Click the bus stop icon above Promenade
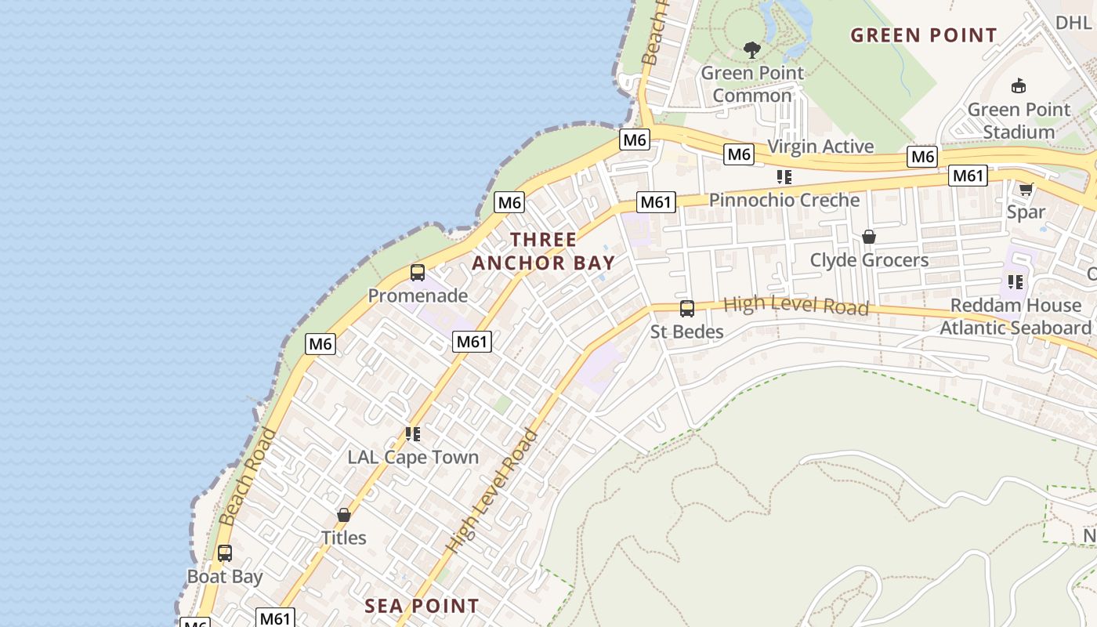(418, 273)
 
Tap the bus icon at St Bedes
(687, 309)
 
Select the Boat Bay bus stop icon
(225, 553)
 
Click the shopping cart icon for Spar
(1026, 189)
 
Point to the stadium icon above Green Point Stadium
(1019, 86)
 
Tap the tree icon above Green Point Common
(752, 51)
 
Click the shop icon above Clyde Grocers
(868, 237)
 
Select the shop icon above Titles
(343, 515)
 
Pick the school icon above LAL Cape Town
(413, 433)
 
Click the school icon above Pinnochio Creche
(784, 177)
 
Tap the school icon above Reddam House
(1016, 281)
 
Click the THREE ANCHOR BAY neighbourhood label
(543, 251)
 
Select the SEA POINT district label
(422, 606)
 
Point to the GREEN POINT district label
(924, 35)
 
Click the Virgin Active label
(820, 147)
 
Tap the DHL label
(1073, 23)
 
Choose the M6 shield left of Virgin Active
(739, 154)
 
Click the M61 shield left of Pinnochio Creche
(656, 202)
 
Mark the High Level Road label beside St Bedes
(795, 305)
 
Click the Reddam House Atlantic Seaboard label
(1016, 317)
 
